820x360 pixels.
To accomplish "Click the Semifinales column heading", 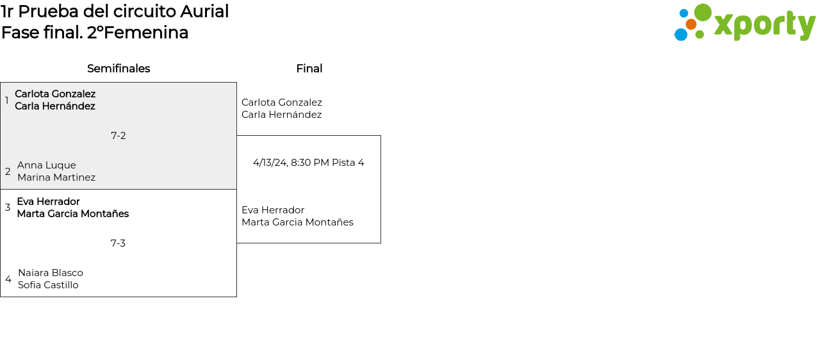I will coord(119,69).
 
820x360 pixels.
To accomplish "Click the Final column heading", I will coord(309,69).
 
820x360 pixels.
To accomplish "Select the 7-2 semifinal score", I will coord(119,136).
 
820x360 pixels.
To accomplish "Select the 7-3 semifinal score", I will coord(118,243).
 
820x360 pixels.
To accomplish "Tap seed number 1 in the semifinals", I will coord(7,101).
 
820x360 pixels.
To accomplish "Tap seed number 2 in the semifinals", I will coord(8,172).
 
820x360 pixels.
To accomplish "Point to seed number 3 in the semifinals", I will coord(8,208).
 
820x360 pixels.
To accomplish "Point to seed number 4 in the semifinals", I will coord(8,279).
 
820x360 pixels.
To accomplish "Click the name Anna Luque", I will coord(47,165).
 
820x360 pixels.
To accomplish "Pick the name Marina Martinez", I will coord(56,177).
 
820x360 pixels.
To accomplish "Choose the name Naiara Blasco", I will coord(51,273).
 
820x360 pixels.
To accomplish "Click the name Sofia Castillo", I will coord(48,285).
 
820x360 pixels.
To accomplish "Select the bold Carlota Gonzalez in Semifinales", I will coord(55,94).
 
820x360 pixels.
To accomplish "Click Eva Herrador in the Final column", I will coord(273,210).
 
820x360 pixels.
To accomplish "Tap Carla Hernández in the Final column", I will coord(281,115).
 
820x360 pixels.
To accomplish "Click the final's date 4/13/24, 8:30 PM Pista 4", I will coord(309,163).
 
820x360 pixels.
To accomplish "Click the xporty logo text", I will coord(764,26).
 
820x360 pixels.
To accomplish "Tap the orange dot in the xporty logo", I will coord(691,24).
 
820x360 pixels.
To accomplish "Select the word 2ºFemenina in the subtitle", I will coord(138,33).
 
